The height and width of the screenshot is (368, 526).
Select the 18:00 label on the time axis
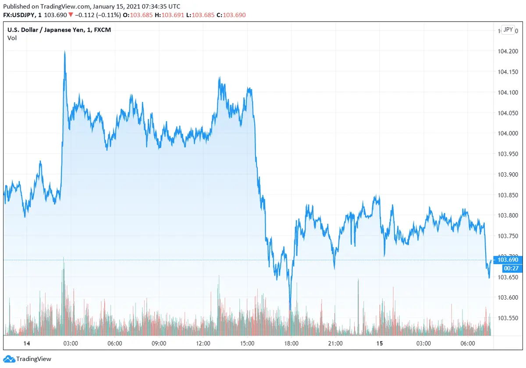tap(291, 343)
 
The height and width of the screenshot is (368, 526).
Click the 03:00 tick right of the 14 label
tap(71, 343)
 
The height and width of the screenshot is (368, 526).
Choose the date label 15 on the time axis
tap(380, 343)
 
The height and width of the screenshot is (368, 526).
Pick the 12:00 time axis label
tap(203, 343)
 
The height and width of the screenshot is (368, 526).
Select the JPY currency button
tap(508, 29)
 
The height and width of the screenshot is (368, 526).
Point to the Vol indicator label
tap(12, 38)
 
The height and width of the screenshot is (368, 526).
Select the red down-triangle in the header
tap(71, 15)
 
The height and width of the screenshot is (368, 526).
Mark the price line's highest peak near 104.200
tap(64, 51)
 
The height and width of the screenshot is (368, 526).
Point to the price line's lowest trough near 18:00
tap(290, 310)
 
